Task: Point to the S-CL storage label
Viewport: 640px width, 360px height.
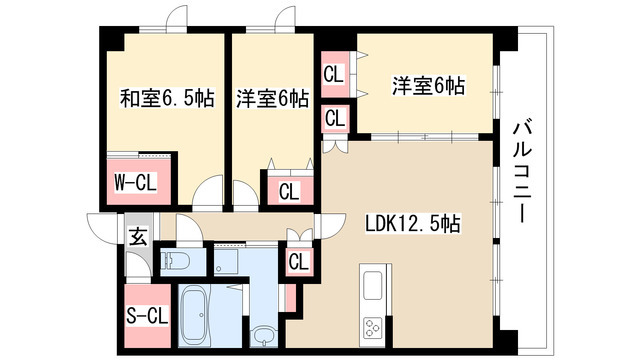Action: click(145, 317)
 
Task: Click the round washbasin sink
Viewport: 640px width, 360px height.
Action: click(264, 335)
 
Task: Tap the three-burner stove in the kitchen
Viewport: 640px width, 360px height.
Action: click(375, 327)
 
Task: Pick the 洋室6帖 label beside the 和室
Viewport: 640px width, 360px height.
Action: click(273, 99)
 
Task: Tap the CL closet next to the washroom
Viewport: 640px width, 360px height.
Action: click(298, 262)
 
